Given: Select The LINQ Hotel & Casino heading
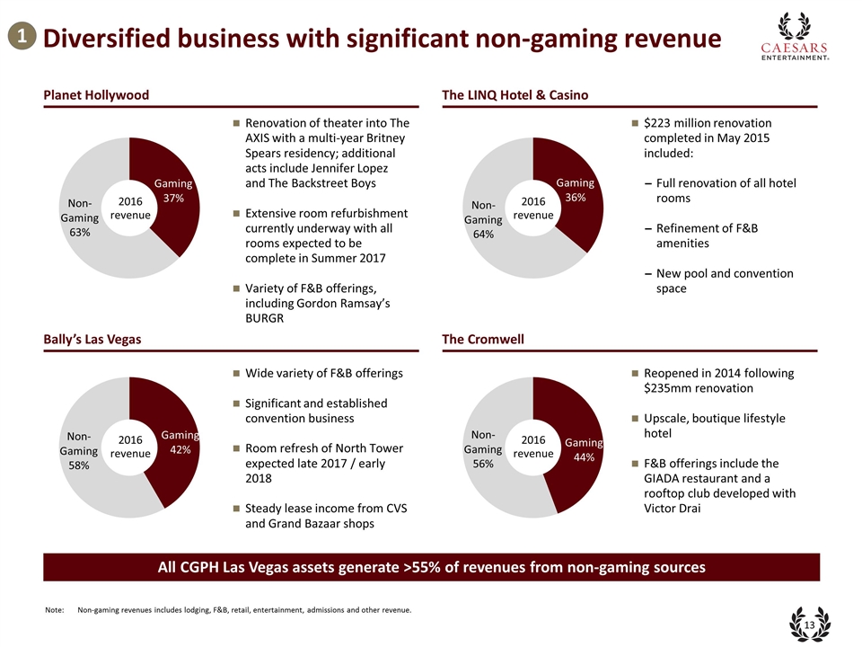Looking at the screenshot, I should [x=515, y=95].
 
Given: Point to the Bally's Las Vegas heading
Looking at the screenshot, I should [x=92, y=339].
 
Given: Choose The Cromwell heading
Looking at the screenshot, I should [x=483, y=339].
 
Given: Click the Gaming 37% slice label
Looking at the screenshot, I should [x=173, y=191].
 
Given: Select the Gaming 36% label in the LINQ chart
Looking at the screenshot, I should [x=576, y=191].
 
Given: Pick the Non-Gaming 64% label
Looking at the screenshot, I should [x=483, y=218].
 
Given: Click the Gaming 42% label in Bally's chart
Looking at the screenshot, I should [x=180, y=442].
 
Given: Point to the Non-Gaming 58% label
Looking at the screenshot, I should [x=79, y=452].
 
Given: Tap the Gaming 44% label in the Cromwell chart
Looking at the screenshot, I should [x=584, y=449].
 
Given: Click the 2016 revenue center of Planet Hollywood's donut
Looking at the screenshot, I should [x=130, y=208].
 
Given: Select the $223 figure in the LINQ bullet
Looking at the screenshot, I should [x=660, y=123].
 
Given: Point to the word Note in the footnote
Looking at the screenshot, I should [x=54, y=611].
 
